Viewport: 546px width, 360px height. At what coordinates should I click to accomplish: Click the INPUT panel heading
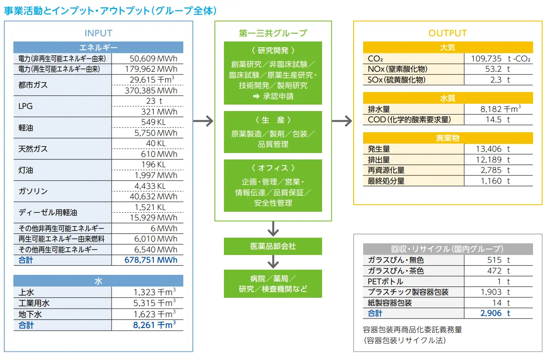[98, 33]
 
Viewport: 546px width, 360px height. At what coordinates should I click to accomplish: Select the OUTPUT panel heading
[447, 33]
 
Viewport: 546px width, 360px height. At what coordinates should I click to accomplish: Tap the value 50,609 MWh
[153, 58]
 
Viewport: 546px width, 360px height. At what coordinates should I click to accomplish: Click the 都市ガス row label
[33, 85]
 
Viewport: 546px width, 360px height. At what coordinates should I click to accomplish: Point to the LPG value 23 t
[154, 101]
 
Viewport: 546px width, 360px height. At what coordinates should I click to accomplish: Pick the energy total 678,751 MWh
[151, 260]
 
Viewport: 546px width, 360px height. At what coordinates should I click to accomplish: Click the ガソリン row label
[33, 191]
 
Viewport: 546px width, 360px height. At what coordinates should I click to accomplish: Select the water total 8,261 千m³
[154, 325]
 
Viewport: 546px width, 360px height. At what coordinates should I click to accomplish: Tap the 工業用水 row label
[34, 303]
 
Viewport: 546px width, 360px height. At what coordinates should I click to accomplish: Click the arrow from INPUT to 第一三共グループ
[203, 121]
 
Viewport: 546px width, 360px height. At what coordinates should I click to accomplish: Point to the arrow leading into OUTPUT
[342, 121]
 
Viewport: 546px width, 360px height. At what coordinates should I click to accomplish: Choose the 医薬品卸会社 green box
[273, 246]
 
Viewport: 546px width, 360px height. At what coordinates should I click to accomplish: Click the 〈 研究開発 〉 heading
[273, 51]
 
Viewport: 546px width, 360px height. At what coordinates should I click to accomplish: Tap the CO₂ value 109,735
[486, 58]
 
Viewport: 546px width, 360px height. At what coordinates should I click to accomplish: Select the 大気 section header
[448, 47]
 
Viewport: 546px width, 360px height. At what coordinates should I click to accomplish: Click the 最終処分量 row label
[386, 181]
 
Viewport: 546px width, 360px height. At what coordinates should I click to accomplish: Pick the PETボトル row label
[385, 281]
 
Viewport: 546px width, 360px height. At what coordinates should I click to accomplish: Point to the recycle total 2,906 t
[495, 313]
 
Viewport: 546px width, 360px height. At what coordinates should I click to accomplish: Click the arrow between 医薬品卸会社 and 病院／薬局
[273, 262]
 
